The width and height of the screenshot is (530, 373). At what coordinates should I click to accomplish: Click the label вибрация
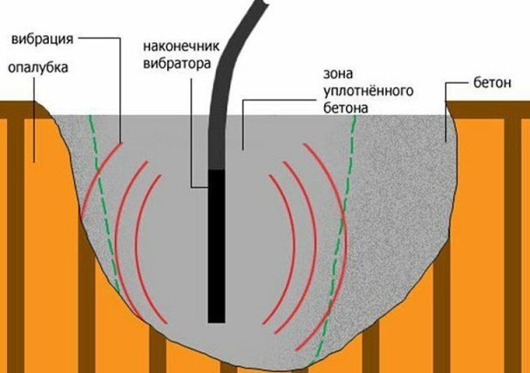pyautogui.click(x=42, y=38)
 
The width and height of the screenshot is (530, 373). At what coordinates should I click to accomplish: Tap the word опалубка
pyautogui.click(x=37, y=67)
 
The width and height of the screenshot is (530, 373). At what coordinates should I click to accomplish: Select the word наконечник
pyautogui.click(x=181, y=46)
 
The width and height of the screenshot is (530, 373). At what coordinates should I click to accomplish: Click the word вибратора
pyautogui.click(x=177, y=64)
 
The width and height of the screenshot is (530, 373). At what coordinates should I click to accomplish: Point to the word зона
pyautogui.click(x=338, y=73)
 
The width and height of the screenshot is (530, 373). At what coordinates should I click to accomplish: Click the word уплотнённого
pyautogui.click(x=369, y=91)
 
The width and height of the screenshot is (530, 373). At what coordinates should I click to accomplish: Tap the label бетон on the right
pyautogui.click(x=493, y=83)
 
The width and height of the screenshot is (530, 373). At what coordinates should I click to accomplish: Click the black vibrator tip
pyautogui.click(x=217, y=246)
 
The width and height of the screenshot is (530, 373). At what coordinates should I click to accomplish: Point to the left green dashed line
pyautogui.click(x=103, y=204)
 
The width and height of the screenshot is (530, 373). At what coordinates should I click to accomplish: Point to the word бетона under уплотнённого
pyautogui.click(x=345, y=108)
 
